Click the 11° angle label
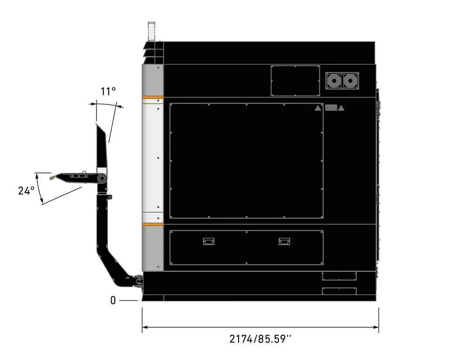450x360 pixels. coord(108,91)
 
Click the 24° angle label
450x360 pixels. coord(26,191)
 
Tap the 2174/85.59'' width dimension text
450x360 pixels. coord(260,339)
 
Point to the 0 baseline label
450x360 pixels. coord(113,300)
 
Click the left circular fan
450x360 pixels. coord(334,81)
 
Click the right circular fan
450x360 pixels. coord(350,81)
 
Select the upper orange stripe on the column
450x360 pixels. coord(153,97)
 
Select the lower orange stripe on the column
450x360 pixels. coord(153,224)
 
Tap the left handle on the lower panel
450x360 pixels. coord(209,241)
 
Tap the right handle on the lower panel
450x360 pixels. coord(284,241)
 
